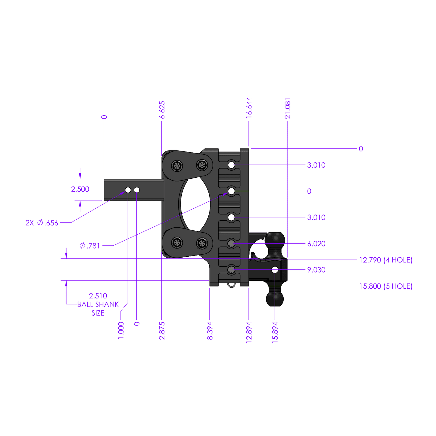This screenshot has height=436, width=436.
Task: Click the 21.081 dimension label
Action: [287, 108]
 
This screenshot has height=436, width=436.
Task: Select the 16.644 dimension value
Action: [249, 108]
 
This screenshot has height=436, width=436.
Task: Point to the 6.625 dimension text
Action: [162, 110]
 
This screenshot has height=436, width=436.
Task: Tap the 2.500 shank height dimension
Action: [80, 189]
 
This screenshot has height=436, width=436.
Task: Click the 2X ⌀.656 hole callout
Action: [42, 223]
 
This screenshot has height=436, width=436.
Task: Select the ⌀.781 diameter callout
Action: [90, 246]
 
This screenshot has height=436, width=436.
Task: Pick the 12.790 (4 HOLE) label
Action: [386, 260]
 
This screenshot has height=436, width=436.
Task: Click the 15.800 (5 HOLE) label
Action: [386, 286]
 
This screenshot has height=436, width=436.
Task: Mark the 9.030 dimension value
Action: [316, 270]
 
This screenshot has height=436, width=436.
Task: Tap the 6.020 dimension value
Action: [316, 244]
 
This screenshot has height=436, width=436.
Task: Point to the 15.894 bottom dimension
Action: [275, 332]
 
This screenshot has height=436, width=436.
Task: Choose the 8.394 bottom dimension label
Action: [210, 330]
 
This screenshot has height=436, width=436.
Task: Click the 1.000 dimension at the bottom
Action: [121, 330]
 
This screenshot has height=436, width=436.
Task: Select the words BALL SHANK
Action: [98, 304]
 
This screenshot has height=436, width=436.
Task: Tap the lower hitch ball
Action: [275, 299]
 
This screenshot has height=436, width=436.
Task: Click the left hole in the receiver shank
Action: [128, 190]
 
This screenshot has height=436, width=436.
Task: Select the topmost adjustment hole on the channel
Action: [231, 165]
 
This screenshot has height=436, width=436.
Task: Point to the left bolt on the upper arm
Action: [177, 166]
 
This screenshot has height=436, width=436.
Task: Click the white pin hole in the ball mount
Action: [275, 270]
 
